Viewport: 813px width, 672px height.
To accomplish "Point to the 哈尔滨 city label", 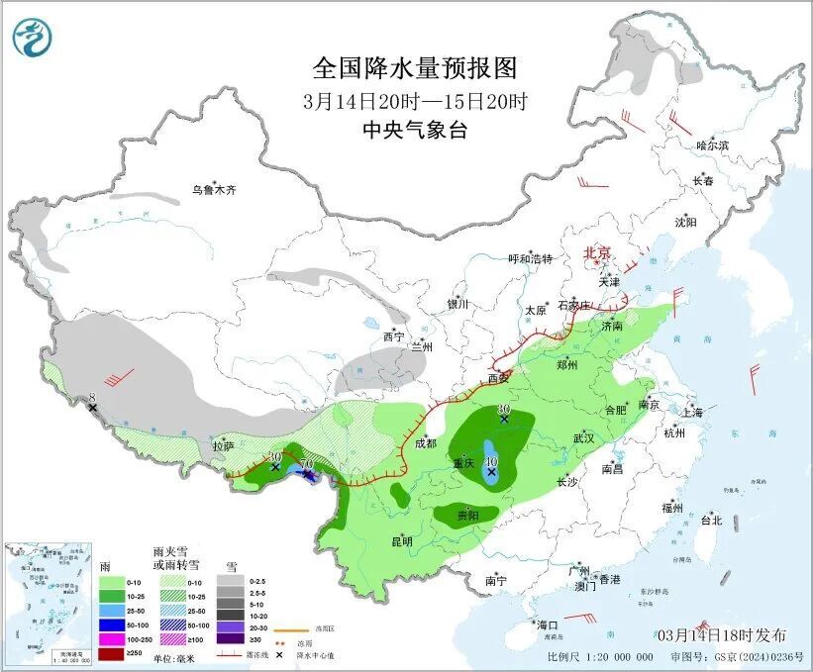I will [x=711, y=145].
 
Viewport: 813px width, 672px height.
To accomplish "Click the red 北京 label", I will [x=598, y=252].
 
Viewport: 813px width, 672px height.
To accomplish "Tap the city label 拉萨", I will [x=223, y=446].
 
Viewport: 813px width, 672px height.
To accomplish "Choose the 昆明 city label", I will [x=401, y=540].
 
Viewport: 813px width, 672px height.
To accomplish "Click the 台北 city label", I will [x=711, y=520].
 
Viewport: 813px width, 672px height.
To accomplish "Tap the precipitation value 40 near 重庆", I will [x=491, y=460].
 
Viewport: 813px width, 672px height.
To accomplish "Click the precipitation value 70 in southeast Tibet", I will [x=307, y=464].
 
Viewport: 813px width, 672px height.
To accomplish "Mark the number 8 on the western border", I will [x=92, y=397].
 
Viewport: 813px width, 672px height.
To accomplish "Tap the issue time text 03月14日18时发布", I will [x=721, y=634].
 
